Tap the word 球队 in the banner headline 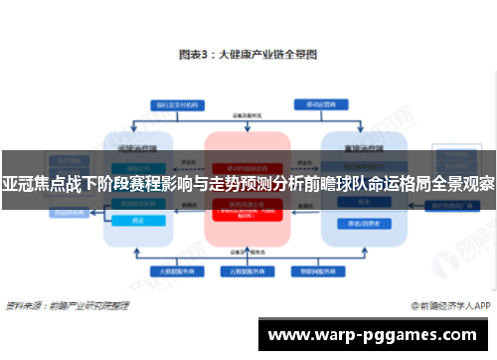click(339, 184)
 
